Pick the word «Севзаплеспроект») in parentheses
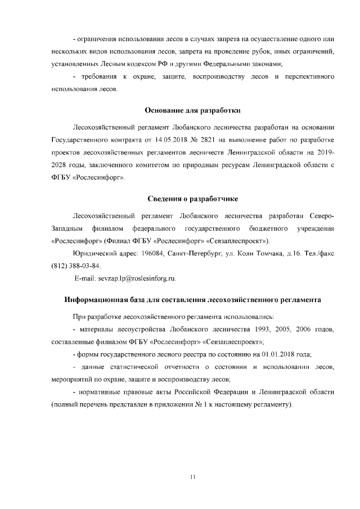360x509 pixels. [x=238, y=241]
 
